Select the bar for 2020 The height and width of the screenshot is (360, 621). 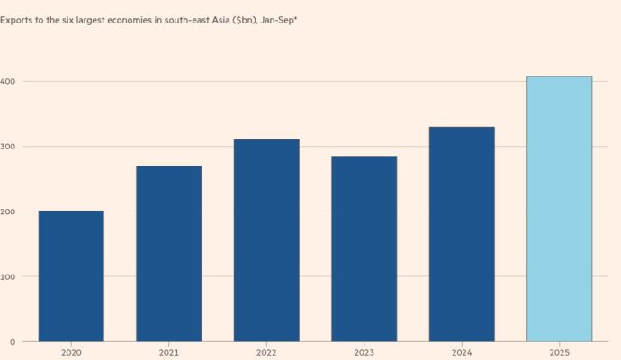pos(71,276)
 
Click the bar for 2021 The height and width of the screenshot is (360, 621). pos(168,254)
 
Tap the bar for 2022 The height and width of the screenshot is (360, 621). pos(266,240)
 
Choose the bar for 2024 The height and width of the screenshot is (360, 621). pos(462,234)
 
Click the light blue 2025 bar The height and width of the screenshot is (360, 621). pos(559,209)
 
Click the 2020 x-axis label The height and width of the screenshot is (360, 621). pos(71,353)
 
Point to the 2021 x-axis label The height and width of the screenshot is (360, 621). pos(168,353)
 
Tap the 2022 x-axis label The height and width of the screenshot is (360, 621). pos(266,353)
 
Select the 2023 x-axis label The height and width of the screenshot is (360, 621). pos(364,353)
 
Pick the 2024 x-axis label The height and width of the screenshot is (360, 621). pos(462,353)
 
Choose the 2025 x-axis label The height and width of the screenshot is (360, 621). pos(559,353)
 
